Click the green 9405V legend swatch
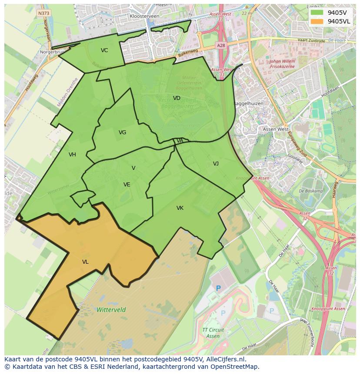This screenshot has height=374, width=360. (x=317, y=13)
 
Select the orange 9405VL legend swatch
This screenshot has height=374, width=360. (x=317, y=21)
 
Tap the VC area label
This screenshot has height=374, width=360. (x=104, y=50)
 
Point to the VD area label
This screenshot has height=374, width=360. (x=177, y=98)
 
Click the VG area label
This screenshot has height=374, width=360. (x=123, y=132)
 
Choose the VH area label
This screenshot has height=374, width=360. (x=72, y=155)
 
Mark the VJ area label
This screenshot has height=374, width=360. (x=216, y=164)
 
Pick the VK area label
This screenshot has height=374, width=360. (x=180, y=209)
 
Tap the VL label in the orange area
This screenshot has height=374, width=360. (x=85, y=262)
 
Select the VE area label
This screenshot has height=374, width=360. (x=127, y=185)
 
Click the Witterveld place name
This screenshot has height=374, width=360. (x=111, y=310)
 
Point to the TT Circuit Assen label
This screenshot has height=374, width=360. (x=213, y=333)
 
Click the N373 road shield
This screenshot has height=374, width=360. (x=43, y=13)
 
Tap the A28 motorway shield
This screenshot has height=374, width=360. (x=221, y=45)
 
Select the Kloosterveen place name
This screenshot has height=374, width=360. (x=144, y=16)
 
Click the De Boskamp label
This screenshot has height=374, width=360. (x=311, y=191)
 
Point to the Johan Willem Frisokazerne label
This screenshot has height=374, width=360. (x=283, y=64)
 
